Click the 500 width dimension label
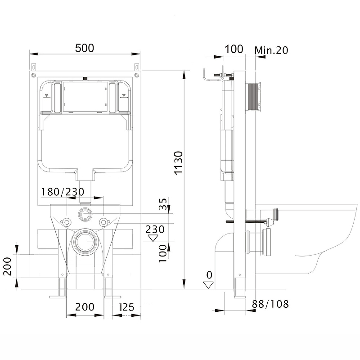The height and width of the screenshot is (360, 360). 85,48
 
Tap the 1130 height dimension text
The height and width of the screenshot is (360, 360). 178,163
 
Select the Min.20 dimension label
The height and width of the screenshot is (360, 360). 271,50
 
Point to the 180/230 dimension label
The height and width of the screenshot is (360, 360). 63,192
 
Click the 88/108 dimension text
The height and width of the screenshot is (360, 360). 270,304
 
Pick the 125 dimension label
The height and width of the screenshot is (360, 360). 126,307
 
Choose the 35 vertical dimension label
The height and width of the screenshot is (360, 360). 162,204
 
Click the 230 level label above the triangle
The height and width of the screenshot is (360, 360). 155,229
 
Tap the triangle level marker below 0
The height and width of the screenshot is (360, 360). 208,285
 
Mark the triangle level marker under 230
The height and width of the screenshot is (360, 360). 153,238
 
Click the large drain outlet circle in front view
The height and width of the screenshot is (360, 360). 85,242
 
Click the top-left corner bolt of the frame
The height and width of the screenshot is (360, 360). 34,75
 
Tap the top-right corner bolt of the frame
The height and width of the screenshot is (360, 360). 137,75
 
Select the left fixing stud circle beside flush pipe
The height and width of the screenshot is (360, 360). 66,222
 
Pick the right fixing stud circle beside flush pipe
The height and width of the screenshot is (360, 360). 104,222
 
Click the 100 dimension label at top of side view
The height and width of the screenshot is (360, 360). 234,49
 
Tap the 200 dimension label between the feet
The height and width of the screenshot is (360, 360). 85,307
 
